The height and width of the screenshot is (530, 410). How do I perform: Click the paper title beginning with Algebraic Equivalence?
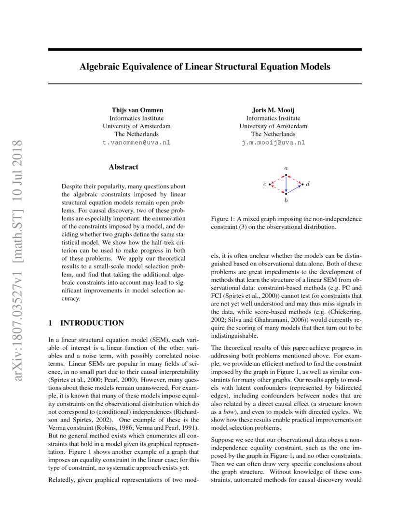click(205, 66)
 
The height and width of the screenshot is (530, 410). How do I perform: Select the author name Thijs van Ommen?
click(137, 110)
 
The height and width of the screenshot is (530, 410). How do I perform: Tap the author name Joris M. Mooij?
click(273, 110)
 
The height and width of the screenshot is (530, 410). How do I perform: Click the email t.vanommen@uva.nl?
click(137, 143)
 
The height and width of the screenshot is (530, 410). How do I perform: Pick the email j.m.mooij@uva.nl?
click(273, 143)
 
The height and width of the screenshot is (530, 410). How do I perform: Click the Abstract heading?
click(123, 167)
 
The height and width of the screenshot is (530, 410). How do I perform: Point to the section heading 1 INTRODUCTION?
click(86, 323)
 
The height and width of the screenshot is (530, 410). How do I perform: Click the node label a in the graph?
click(286, 168)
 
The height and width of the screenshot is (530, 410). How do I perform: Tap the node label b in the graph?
click(286, 200)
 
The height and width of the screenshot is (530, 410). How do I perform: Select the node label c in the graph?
click(264, 184)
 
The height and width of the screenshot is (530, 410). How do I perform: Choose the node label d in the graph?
click(308, 184)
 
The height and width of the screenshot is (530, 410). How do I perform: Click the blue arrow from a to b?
click(286, 184)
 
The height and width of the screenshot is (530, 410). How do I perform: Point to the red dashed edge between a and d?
click(295, 179)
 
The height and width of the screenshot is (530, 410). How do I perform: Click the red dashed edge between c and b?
click(277, 189)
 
